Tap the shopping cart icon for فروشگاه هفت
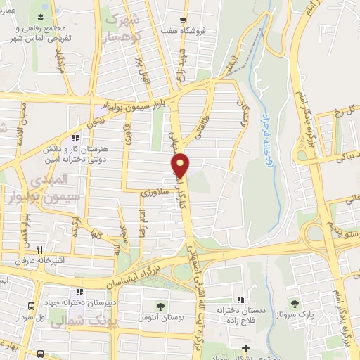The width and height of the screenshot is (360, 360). [x=183, y=20]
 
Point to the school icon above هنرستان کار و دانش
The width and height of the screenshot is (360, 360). [x=75, y=139]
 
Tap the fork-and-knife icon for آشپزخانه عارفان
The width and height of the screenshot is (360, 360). [x=40, y=249]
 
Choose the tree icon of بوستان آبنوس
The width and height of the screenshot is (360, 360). [x=160, y=306]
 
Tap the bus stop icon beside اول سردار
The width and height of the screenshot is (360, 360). [x=31, y=307]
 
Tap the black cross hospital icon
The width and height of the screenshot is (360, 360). [x=245, y=348]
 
